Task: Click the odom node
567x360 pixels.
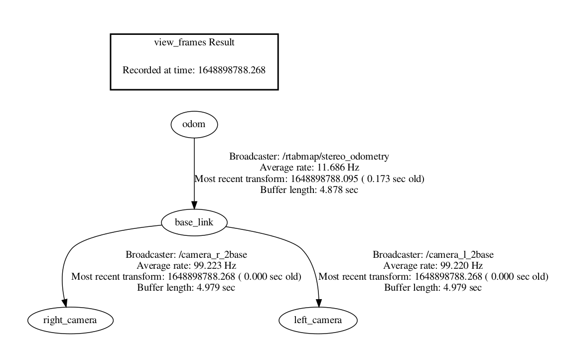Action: point(194,125)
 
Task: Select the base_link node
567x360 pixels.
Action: point(194,222)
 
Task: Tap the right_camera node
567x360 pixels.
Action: point(70,320)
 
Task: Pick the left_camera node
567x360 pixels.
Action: point(318,320)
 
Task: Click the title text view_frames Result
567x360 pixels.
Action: point(194,42)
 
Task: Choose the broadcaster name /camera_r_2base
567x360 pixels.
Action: point(217,254)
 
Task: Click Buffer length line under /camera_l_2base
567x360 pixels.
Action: point(433,287)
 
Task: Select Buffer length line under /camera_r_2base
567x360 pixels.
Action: point(186,287)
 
